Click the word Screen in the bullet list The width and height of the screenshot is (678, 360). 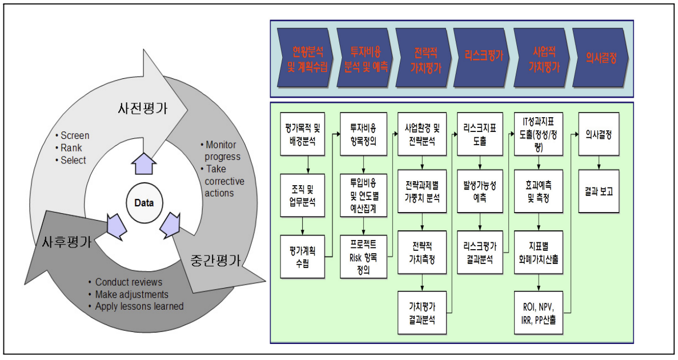[75, 135]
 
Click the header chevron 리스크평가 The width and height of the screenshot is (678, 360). [480, 56]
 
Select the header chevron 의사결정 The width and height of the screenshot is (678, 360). [598, 56]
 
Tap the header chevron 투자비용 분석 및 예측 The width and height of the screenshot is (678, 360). [364, 57]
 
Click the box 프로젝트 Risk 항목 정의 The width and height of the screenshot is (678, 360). [363, 256]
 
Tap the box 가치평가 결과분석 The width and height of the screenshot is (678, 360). [422, 312]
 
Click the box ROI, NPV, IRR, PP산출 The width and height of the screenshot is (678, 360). [538, 312]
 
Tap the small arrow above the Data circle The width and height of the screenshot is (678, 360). [142, 164]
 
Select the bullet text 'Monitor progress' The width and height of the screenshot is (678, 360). [223, 151]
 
